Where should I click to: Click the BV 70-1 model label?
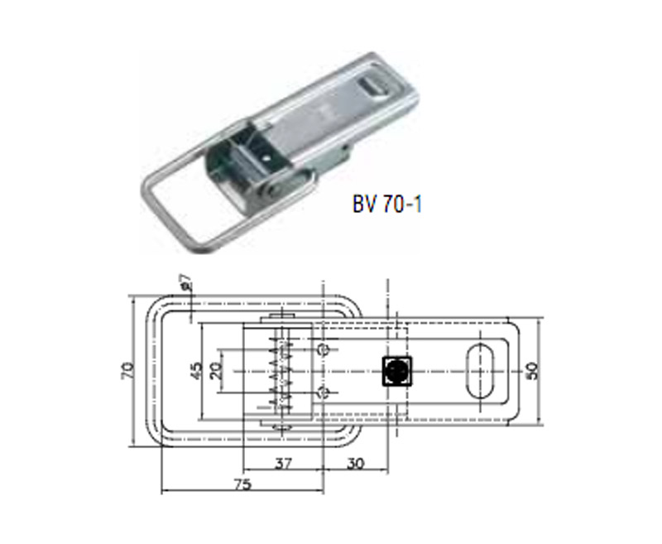[387, 205]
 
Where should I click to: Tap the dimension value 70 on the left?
[128, 370]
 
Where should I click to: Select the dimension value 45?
[196, 371]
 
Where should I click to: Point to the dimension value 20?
[216, 371]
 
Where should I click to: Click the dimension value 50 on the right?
[532, 371]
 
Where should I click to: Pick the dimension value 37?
[284, 464]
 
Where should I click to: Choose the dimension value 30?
[356, 464]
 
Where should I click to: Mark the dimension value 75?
[242, 484]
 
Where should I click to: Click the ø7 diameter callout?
[186, 282]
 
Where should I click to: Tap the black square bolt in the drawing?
[396, 371]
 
